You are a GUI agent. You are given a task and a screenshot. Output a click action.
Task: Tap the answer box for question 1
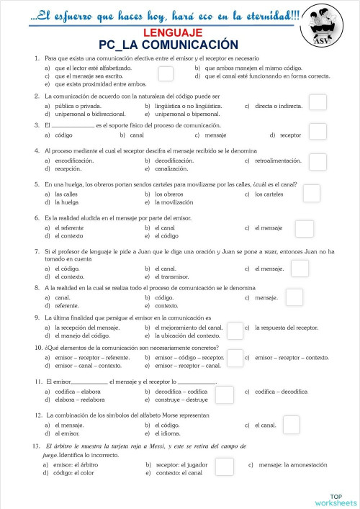click(x=166, y=73)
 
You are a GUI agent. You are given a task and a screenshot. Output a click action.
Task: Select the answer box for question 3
click(x=317, y=131)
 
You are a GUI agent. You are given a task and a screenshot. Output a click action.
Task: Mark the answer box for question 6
click(x=304, y=228)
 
